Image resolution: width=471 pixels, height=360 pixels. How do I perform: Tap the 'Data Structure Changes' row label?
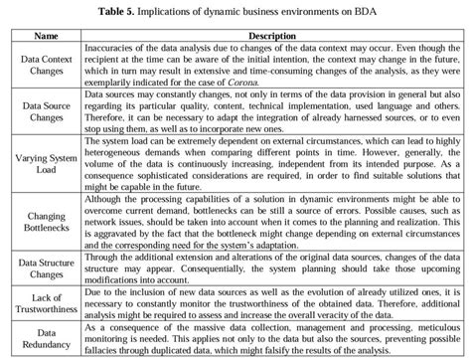pos(47,267)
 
